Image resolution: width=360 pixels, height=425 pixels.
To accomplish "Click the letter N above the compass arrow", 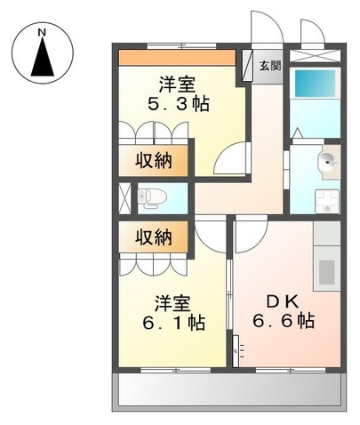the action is click(43, 33).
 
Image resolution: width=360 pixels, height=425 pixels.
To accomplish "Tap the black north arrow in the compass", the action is click(43, 57).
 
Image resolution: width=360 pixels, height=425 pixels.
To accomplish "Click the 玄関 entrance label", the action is click(270, 66).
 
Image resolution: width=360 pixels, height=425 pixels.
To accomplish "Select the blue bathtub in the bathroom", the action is click(315, 83).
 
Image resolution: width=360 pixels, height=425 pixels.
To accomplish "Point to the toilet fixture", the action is click(152, 197).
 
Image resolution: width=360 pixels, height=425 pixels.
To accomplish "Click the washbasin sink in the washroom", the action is click(327, 162).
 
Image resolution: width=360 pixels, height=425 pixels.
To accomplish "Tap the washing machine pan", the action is click(327, 202).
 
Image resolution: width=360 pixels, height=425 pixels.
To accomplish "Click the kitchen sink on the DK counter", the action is click(327, 272).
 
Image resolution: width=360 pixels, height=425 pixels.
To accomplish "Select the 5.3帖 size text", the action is click(179, 103).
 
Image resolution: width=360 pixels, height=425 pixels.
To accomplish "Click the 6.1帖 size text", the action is click(174, 323).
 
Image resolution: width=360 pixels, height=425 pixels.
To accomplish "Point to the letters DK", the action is click(283, 302).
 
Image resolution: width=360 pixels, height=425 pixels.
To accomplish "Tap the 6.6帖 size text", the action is click(284, 320).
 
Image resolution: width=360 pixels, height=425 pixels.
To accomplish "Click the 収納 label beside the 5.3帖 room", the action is click(154, 161).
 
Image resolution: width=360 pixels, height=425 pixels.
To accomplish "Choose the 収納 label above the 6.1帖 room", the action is click(154, 237).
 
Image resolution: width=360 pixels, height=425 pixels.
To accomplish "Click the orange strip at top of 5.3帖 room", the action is click(177, 58).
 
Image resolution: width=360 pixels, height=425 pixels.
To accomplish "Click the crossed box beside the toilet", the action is click(124, 198).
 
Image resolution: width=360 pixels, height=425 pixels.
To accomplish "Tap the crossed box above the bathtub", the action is click(315, 56).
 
